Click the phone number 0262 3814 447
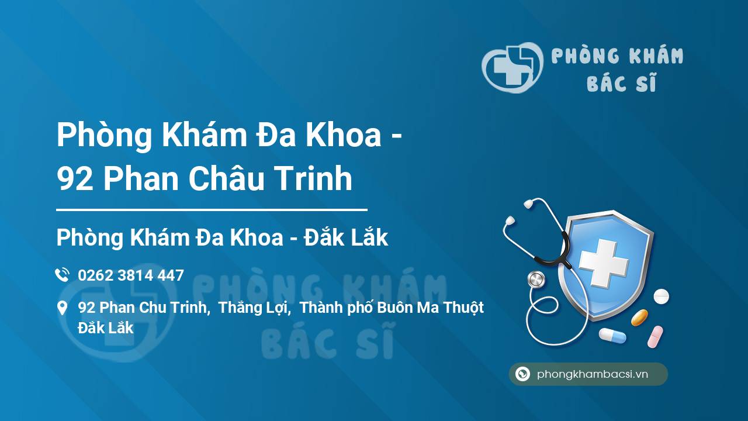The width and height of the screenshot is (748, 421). (x=131, y=275)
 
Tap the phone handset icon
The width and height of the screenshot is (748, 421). (x=62, y=275)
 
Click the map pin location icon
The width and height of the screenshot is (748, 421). (x=62, y=308)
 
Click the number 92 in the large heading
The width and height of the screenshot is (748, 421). (x=75, y=179)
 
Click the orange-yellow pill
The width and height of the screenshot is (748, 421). (x=639, y=318)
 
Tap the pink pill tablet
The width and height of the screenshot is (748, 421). (x=655, y=337)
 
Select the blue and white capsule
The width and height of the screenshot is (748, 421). (x=612, y=335)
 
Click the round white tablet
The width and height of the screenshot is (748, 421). (x=661, y=296)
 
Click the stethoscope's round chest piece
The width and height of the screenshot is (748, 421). (x=535, y=279)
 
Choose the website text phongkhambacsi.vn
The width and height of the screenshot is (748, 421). (x=593, y=374)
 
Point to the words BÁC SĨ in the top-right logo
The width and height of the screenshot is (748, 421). (x=621, y=84)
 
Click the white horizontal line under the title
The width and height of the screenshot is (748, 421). (x=212, y=209)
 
